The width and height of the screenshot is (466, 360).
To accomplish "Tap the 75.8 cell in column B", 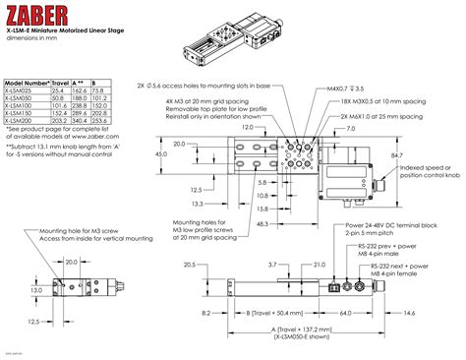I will tap(99, 90).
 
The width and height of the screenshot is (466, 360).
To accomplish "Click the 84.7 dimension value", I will tap(396, 155).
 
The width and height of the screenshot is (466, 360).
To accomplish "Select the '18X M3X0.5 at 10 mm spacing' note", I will tap(370, 101).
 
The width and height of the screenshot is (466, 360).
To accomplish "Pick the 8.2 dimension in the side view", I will tap(204, 313).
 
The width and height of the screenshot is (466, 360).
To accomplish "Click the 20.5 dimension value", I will tap(189, 264).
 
